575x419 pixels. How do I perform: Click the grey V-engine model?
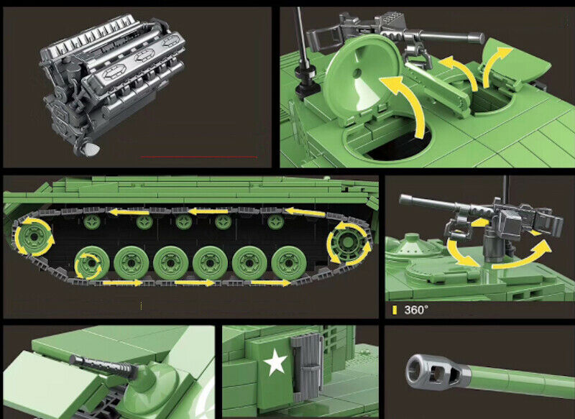[x=112, y=83]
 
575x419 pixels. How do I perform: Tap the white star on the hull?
[x=275, y=362]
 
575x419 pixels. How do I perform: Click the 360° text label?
[x=416, y=310]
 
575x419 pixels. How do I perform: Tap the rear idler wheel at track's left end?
[x=34, y=236]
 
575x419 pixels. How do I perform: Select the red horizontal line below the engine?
[x=198, y=157]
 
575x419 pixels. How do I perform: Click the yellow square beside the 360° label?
[x=395, y=310]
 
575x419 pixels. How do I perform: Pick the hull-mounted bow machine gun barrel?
[x=102, y=366]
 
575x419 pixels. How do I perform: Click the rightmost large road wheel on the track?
[x=289, y=263]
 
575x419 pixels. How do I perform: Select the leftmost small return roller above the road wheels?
[x=92, y=222]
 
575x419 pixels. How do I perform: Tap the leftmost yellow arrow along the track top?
[x=129, y=212]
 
